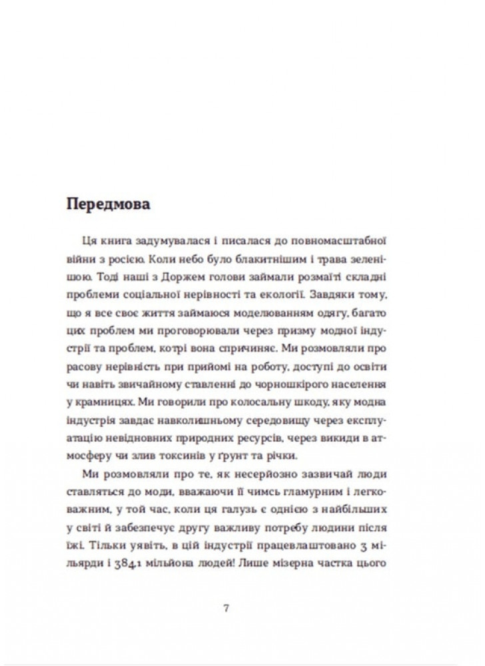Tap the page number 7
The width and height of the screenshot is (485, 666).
click(227, 607)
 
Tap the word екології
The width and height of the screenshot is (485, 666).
click(316, 290)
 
